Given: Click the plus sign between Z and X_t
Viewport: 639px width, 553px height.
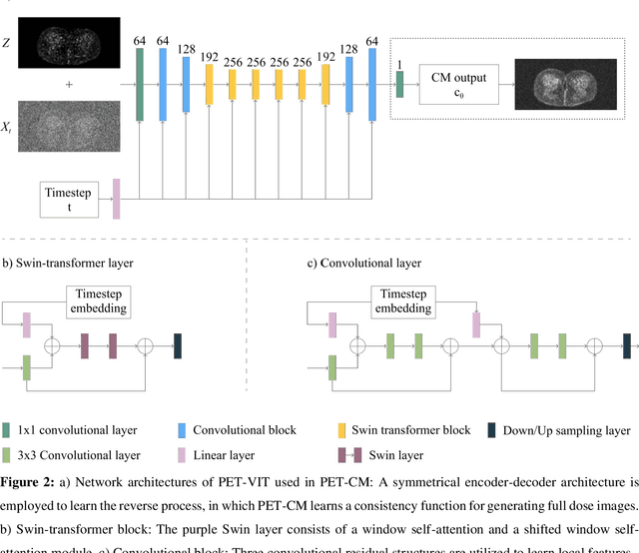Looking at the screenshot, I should point(69,85).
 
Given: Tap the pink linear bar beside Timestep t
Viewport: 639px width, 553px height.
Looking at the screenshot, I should point(116,198).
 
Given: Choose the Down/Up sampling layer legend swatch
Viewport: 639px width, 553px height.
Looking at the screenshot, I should point(493,430).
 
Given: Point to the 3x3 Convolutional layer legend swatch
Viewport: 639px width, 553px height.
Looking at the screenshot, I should point(8,455).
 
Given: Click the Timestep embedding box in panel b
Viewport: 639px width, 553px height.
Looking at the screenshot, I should point(97,301).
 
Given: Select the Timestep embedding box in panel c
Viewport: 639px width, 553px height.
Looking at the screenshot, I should point(404,301).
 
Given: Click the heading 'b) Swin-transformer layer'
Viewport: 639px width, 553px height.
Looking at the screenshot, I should point(67,265).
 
